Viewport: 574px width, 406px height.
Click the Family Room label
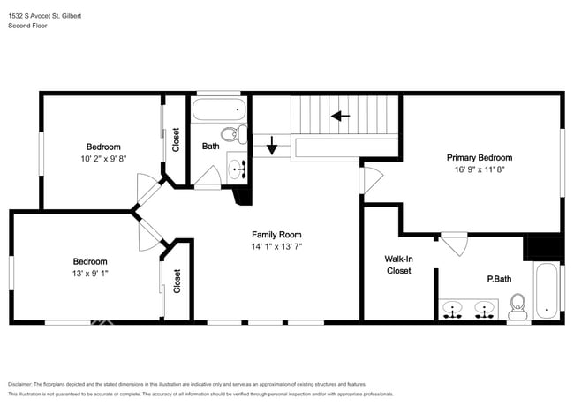[276, 235]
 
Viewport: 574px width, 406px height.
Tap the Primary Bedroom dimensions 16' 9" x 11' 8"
[480, 169]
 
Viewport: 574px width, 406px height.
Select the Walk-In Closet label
[398, 265]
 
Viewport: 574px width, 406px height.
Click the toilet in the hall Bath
[234, 134]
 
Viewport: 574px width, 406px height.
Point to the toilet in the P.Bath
[517, 306]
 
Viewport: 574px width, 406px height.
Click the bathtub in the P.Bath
[546, 290]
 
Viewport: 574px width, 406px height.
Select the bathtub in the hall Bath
[218, 109]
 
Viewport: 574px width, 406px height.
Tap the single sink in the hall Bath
[237, 169]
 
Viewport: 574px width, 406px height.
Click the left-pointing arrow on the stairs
[341, 116]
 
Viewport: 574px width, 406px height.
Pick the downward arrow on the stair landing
[272, 146]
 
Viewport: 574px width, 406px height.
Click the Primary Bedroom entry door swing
[371, 180]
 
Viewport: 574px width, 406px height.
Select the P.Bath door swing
[454, 244]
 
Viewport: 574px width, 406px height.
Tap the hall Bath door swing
[208, 177]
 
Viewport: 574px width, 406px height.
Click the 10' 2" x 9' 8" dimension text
[103, 159]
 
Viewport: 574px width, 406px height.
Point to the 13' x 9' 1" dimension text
[90, 274]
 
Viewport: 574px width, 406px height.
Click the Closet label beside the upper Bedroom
[176, 139]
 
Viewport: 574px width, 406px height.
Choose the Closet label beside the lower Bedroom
[177, 281]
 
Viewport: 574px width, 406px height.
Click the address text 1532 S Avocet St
[34, 16]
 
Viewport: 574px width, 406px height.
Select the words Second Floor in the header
[27, 26]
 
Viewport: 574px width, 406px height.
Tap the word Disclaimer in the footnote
[20, 384]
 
